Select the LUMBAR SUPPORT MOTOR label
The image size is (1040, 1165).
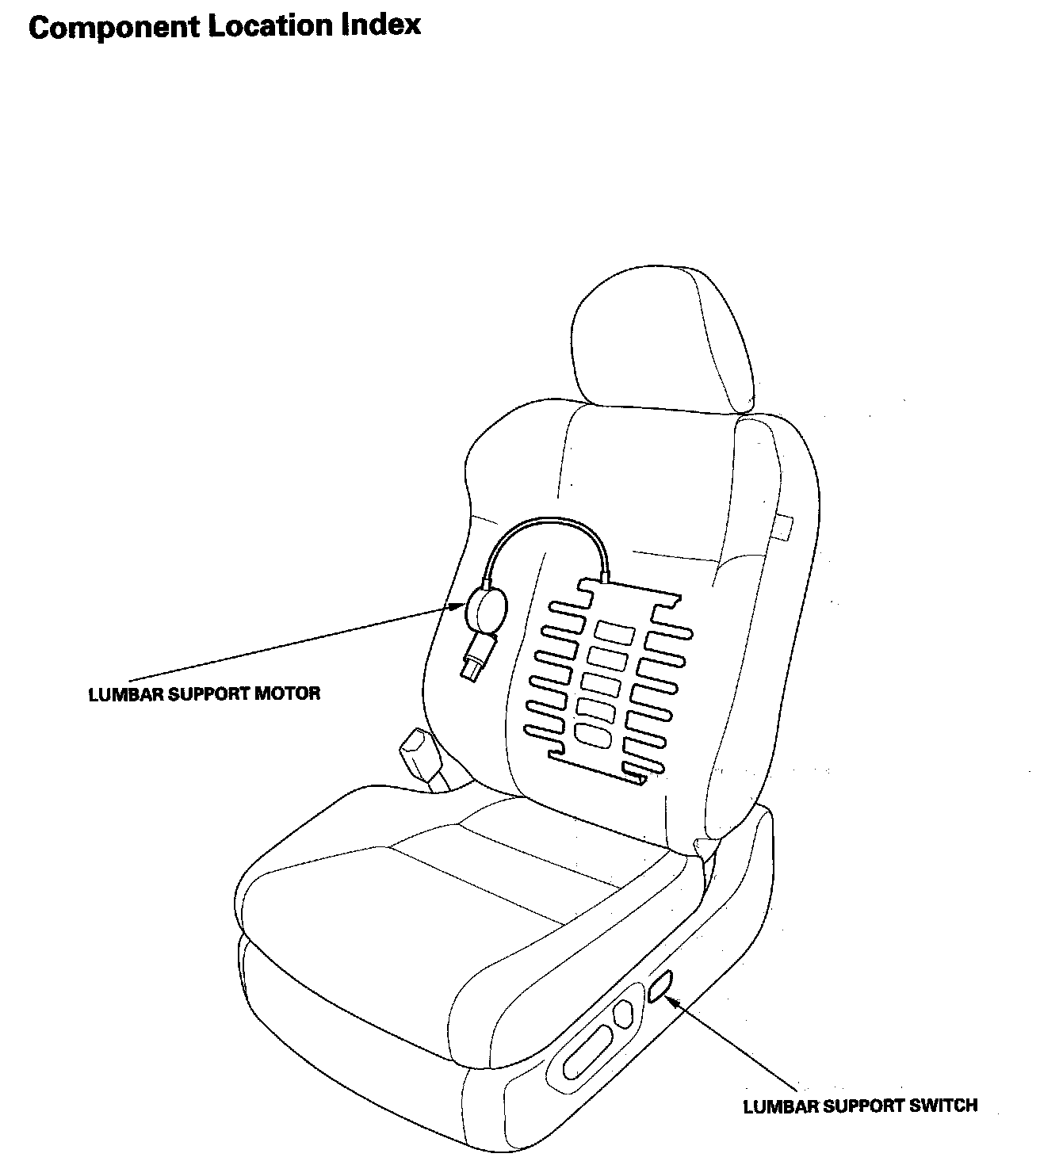pos(205,694)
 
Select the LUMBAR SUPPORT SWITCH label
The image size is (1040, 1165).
pos(860,1106)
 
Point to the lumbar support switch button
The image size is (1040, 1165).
pos(660,986)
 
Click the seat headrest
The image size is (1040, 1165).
pos(662,341)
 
